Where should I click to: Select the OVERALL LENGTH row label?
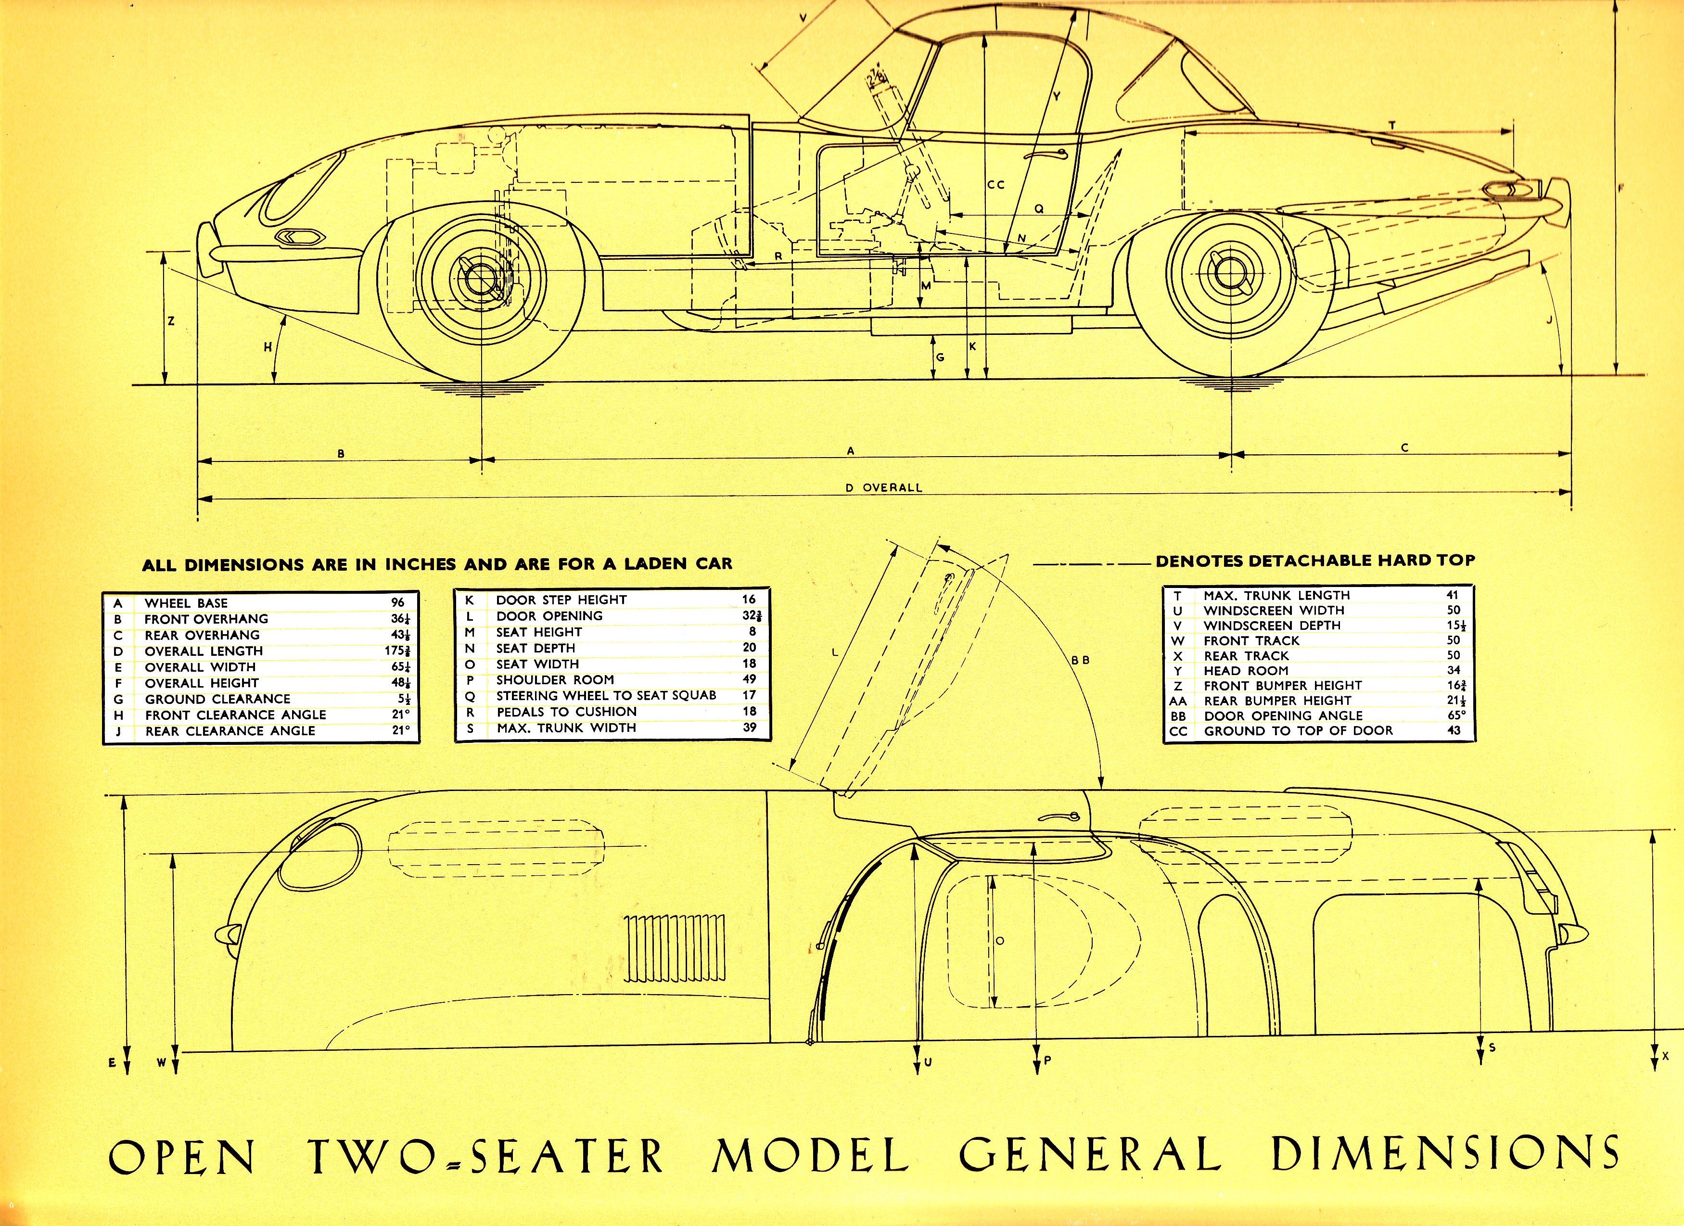click(x=204, y=651)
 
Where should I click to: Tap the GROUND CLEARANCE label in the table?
click(x=217, y=699)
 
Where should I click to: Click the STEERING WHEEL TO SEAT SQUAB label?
click(x=606, y=695)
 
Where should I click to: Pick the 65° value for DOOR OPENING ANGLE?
click(x=1455, y=715)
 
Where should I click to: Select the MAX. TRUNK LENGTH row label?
click(x=1276, y=595)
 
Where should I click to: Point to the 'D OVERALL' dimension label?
click(x=883, y=488)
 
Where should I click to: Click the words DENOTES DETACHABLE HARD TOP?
click(x=1315, y=560)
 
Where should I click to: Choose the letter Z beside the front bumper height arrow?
click(x=171, y=321)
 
